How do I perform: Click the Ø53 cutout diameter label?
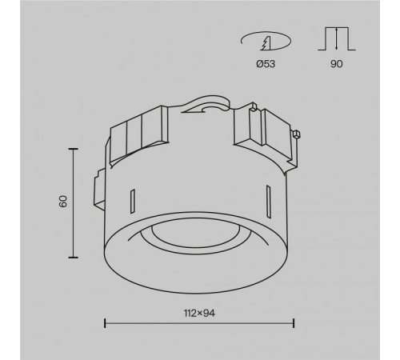point(266,64)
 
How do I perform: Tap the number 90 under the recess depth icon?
point(337,64)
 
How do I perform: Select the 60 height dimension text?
point(63,202)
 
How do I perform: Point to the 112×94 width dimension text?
point(199,313)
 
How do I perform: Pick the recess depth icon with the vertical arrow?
point(337,38)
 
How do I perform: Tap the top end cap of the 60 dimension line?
point(73,149)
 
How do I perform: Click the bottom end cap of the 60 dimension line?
point(73,258)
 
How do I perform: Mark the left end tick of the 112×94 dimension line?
point(105,323)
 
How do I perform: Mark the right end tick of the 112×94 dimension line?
point(294,323)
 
